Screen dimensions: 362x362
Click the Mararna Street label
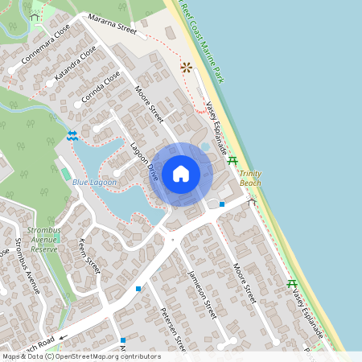pyautogui.click(x=113, y=27)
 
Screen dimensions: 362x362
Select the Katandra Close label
pyautogui.click(x=75, y=64)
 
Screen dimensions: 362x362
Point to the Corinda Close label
pyautogui.click(x=102, y=87)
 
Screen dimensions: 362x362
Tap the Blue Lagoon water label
pyautogui.click(x=94, y=183)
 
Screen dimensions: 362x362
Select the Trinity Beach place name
pyautogui.click(x=250, y=179)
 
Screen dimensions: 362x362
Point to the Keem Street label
pyautogui.click(x=88, y=256)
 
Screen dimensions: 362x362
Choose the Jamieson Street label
pyautogui.click(x=202, y=294)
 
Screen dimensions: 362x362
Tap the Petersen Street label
pyautogui.click(x=173, y=328)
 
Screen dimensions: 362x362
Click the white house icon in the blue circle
pyautogui.click(x=181, y=173)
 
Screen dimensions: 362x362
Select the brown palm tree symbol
pyautogui.click(x=187, y=68)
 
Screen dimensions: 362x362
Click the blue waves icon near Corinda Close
pyautogui.click(x=72, y=135)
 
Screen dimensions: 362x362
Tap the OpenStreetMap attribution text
pyautogui.click(x=80, y=356)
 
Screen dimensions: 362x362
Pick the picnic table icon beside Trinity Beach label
pyautogui.click(x=232, y=161)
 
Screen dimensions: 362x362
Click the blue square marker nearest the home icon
pyautogui.click(x=222, y=204)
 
